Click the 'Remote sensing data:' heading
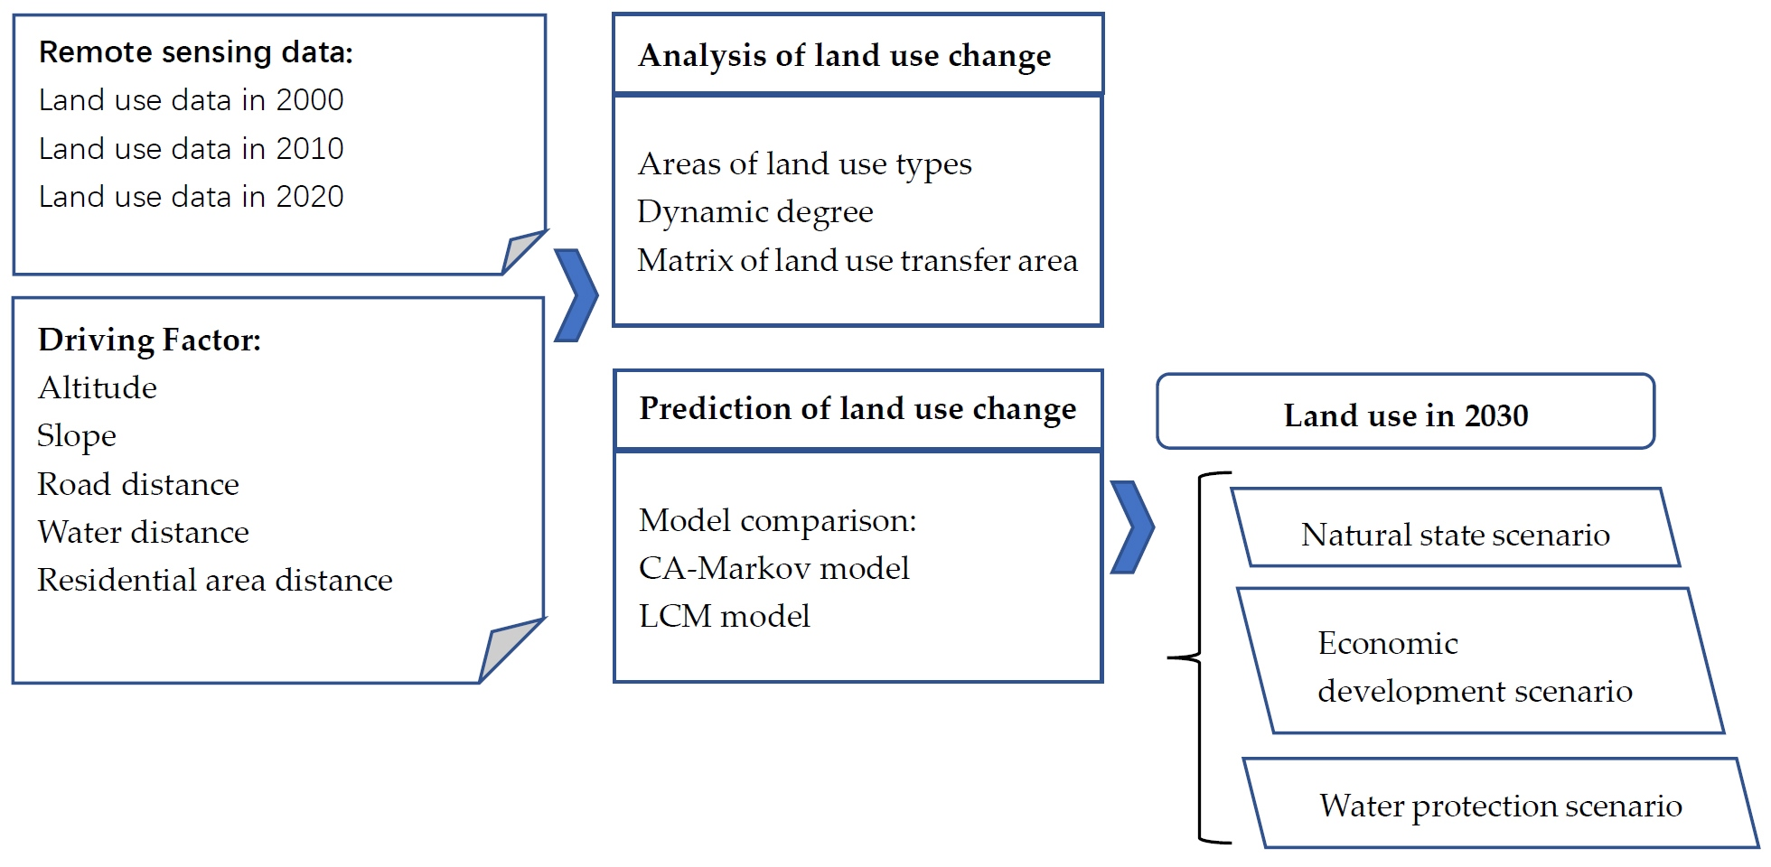pos(195,52)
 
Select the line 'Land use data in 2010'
pos(191,148)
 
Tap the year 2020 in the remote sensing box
pos(310,197)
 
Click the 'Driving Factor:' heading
pos(149,340)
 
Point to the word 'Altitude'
pos(98,388)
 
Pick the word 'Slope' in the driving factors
pos(77,436)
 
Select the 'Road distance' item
pos(138,485)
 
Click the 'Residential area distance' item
pos(215,581)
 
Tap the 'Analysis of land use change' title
pos(845,55)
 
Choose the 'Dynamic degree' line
pos(755,212)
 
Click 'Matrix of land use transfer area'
pos(857,261)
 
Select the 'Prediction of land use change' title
pos(857,408)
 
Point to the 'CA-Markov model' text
pos(774,568)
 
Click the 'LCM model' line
pos(725,617)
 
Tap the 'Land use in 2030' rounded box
pos(1406,415)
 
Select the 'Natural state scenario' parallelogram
pos(1456,534)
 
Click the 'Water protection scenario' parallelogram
pos(1501,805)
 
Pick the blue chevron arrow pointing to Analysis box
pos(576,295)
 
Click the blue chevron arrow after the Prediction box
pos(1131,527)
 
